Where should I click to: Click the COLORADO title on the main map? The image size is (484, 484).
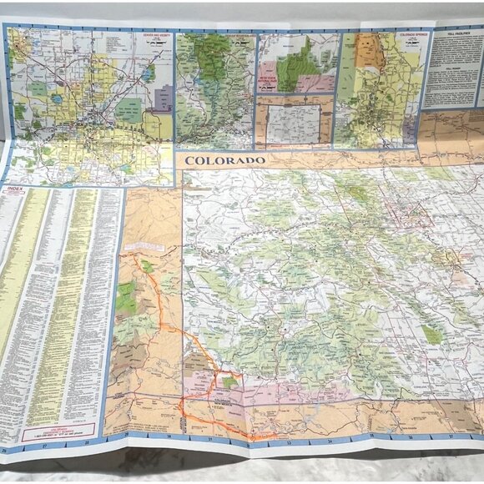[214, 160]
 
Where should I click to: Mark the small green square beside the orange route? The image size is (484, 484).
[229, 382]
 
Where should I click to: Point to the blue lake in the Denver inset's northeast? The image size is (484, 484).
[149, 73]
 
